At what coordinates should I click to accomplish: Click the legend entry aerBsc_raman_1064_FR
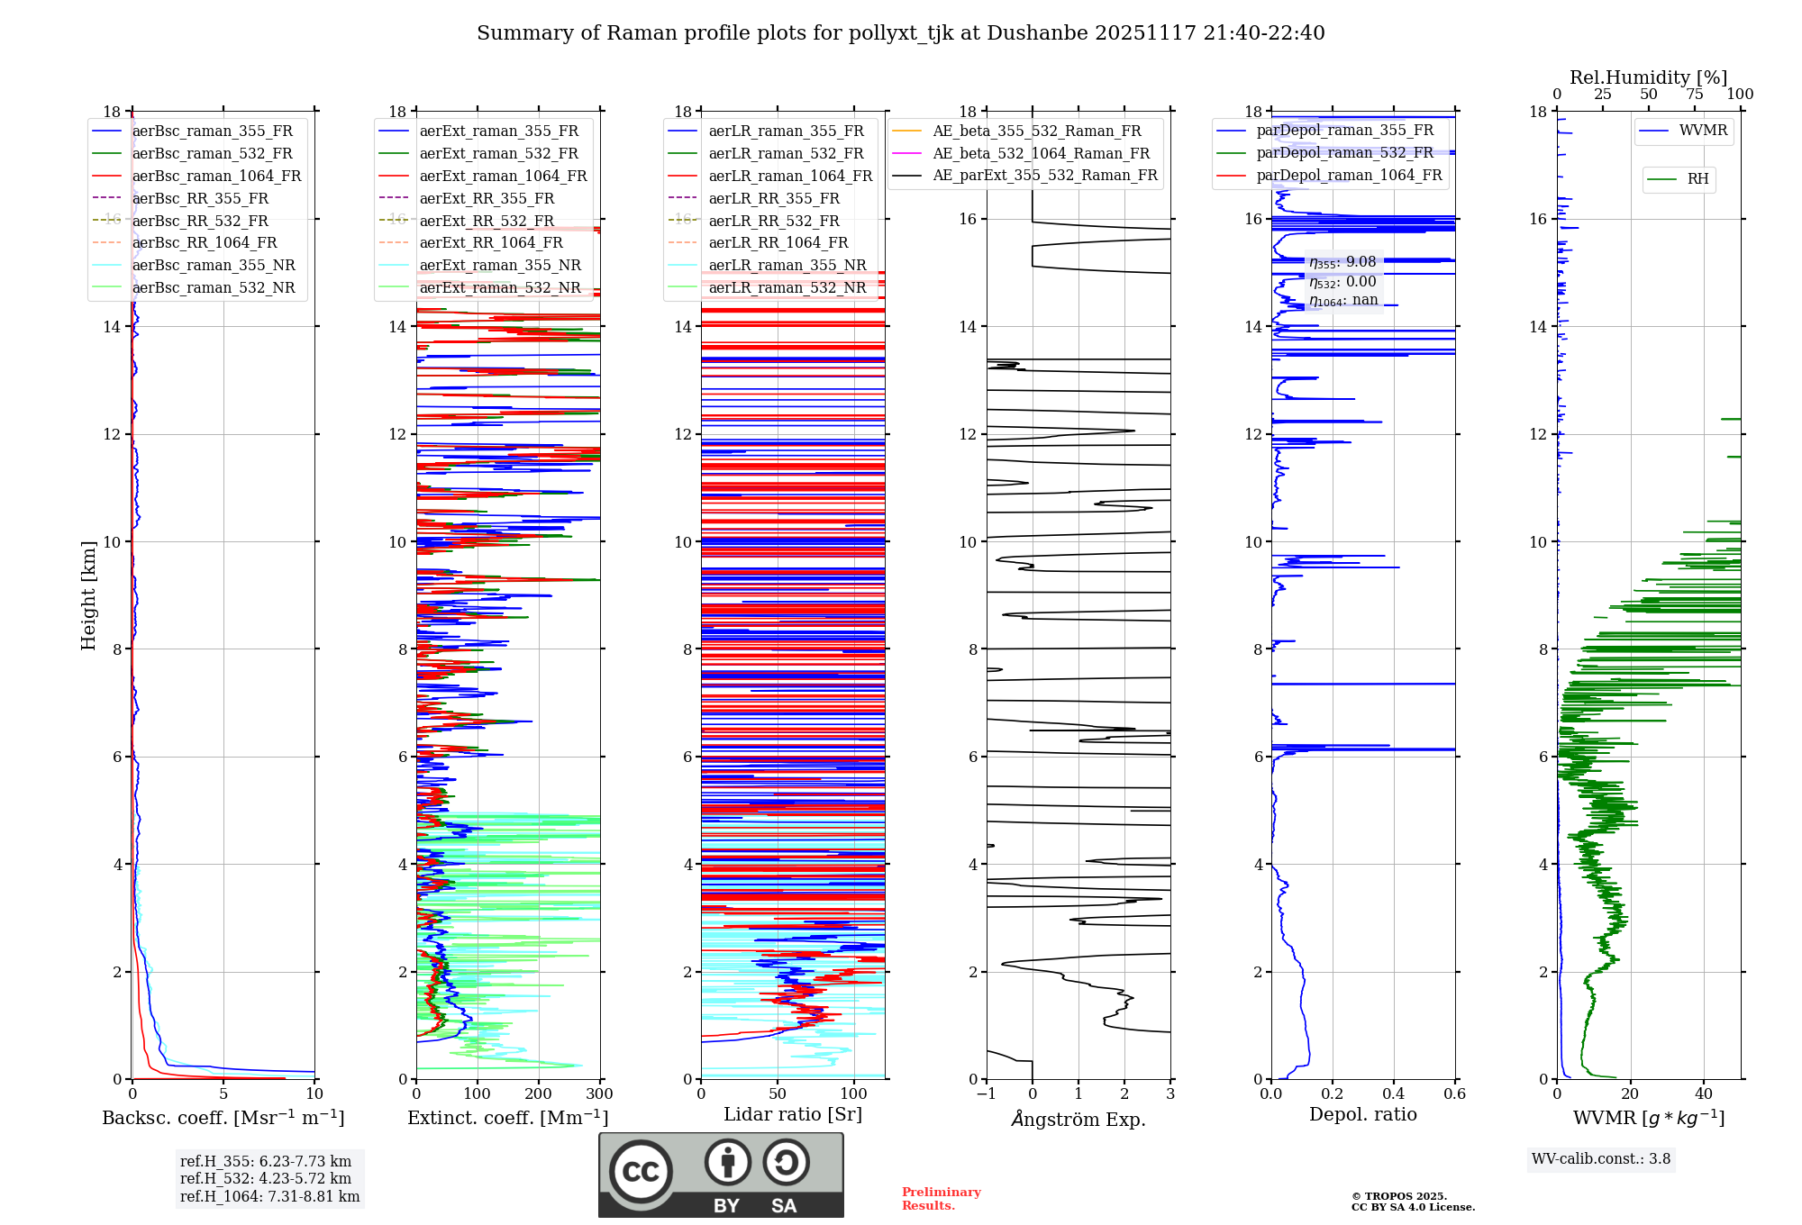(216, 177)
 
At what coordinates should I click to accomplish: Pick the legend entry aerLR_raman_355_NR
(787, 266)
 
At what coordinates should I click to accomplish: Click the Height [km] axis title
(88, 595)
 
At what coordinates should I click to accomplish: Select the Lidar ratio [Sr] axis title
(793, 1115)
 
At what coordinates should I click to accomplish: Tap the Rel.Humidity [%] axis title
(1648, 77)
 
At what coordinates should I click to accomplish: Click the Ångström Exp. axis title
(1078, 1120)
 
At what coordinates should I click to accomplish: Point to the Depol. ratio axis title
(1362, 1115)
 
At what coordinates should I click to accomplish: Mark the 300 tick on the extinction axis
(599, 1094)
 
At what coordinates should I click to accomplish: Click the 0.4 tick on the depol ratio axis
(1393, 1094)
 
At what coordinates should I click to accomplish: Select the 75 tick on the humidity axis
(1695, 95)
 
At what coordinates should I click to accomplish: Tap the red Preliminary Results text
(941, 1199)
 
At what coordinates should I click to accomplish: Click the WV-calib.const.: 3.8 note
(1600, 1159)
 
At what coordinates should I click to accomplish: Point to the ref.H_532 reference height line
(265, 1179)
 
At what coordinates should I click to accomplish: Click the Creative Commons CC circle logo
(641, 1172)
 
